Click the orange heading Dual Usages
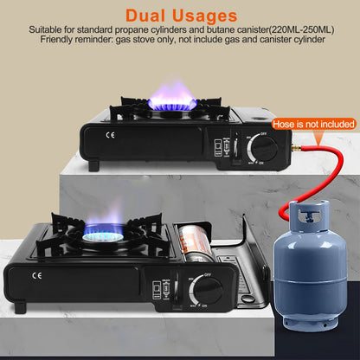click(180, 15)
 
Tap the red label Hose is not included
click(314, 125)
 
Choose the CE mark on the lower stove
click(35, 277)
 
